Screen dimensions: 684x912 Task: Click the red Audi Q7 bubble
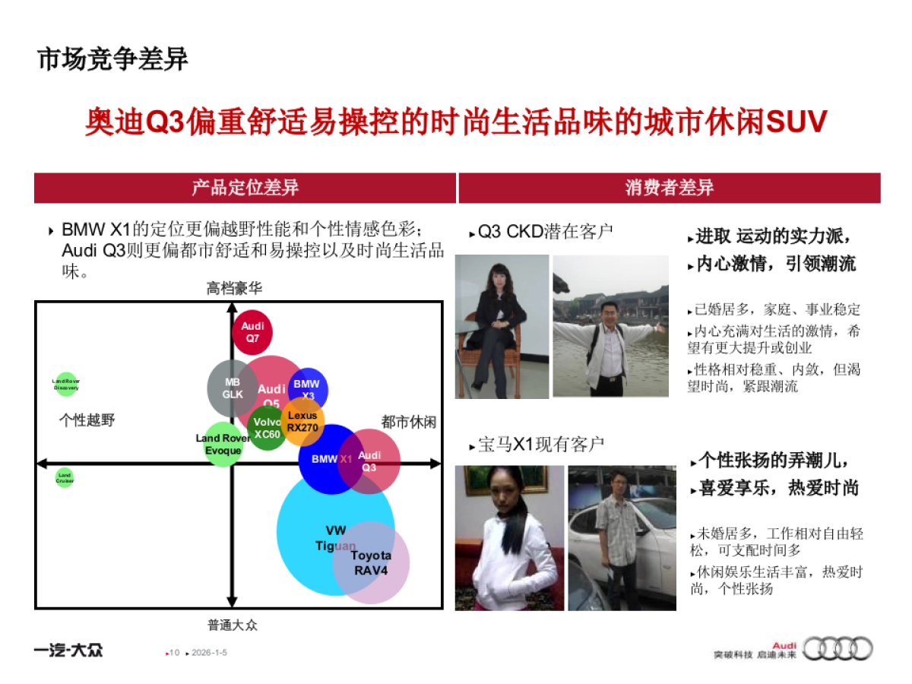tap(252, 332)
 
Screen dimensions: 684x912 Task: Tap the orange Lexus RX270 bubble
tap(303, 421)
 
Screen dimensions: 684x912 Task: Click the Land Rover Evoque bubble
tap(223, 445)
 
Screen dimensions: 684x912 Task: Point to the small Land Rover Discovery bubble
tap(66, 385)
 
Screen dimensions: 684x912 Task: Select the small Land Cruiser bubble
tap(65, 477)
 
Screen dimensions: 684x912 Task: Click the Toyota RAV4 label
tap(371, 562)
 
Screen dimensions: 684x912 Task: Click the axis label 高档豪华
tap(234, 288)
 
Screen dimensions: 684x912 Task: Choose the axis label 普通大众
tap(233, 625)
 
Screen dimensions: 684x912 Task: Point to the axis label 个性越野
tap(87, 420)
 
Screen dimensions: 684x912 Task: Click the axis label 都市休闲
tap(409, 423)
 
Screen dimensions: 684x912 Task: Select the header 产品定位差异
tap(245, 188)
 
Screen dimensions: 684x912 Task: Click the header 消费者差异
tap(669, 188)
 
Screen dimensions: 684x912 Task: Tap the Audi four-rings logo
tap(838, 648)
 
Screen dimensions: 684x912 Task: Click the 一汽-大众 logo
tap(68, 650)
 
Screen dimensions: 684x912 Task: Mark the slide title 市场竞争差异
tap(112, 59)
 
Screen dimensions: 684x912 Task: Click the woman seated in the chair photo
tap(502, 327)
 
